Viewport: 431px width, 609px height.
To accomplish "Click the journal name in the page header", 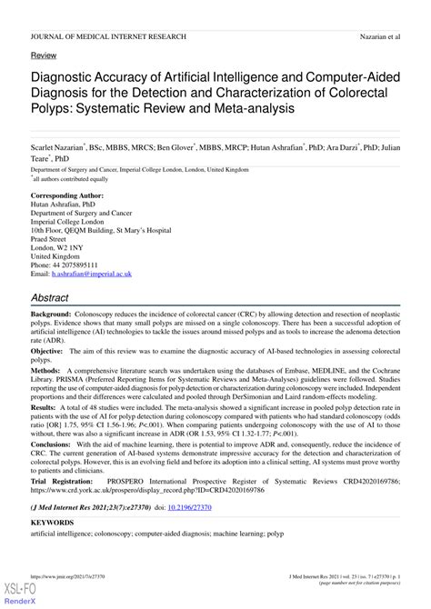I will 108,36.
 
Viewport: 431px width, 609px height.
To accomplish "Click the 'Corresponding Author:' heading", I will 72,196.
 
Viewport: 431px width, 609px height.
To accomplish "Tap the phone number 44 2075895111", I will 83,264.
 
